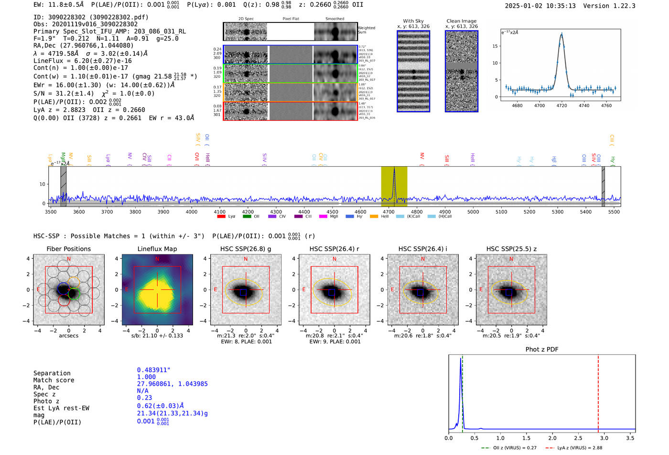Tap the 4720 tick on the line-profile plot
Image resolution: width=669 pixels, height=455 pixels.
pos(561,106)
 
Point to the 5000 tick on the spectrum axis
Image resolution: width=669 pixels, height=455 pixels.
pos(473,212)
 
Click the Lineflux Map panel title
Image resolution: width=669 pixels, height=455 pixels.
pos(157,249)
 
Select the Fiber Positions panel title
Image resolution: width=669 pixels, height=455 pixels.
pos(68,249)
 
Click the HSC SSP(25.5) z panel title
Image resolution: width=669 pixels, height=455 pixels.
pos(511,249)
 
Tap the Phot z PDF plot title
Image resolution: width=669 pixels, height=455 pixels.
pos(542,349)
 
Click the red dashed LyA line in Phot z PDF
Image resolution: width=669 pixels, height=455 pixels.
pos(598,392)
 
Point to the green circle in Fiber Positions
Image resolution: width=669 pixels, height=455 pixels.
pos(74,294)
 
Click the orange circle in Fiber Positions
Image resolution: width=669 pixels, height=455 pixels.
pos(74,282)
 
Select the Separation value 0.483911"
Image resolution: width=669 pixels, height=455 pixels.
pos(153,370)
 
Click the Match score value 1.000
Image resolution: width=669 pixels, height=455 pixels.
pos(146,377)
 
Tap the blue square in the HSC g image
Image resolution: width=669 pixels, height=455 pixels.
pos(243,292)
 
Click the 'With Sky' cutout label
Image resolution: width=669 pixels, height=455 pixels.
pos(413,21)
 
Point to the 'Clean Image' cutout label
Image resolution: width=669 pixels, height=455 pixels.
pos(461,21)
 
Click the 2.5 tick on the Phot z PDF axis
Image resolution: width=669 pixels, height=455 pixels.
pos(578,438)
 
